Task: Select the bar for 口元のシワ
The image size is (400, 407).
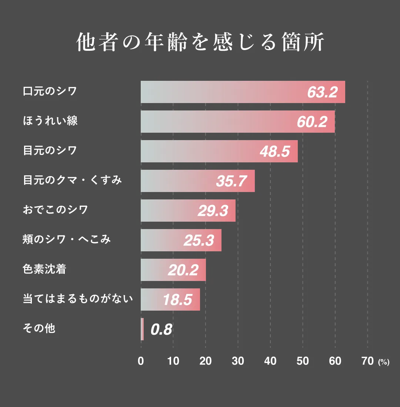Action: (x=243, y=92)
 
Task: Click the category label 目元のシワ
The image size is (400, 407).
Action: (x=50, y=151)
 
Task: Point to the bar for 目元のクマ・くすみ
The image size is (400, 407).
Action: (x=197, y=181)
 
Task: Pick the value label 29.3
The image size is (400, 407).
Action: (x=213, y=211)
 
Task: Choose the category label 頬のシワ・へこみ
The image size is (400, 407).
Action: (x=67, y=240)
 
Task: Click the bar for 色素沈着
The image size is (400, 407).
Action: (x=173, y=270)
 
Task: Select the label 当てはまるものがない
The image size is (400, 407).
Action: (x=78, y=299)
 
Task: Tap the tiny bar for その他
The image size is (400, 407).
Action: (x=142, y=329)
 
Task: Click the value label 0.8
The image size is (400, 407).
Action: (x=161, y=330)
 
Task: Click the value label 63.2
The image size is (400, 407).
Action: (x=322, y=92)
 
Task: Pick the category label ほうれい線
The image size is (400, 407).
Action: (x=50, y=121)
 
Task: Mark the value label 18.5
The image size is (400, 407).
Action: (x=177, y=300)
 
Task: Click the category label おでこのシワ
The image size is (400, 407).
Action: (x=56, y=210)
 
